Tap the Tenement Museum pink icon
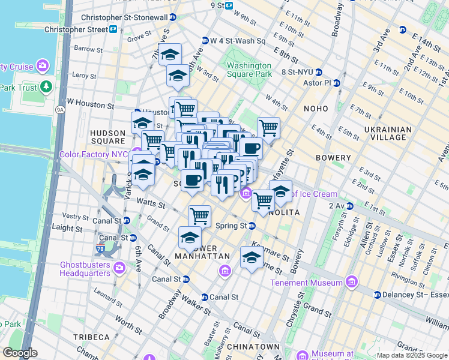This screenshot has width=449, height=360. point(352,281)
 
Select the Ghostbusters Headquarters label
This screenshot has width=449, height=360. point(86,268)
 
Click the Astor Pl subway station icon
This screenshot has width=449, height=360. point(336,83)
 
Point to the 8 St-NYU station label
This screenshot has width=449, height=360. point(298,73)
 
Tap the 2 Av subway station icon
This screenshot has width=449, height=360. point(349,206)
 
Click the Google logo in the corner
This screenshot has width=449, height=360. point(20,353)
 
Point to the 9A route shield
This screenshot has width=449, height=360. point(60,110)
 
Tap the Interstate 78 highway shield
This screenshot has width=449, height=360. point(100,248)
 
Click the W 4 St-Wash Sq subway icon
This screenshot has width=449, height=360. point(205,41)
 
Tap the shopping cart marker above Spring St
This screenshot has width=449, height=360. point(199,215)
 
